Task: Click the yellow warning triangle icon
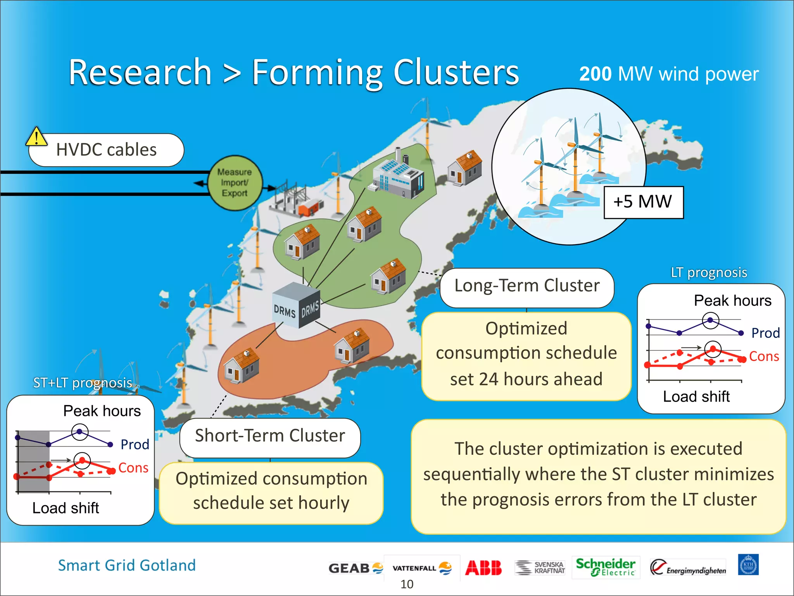coord(36,137)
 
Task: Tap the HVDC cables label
coord(106,150)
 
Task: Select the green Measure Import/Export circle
coord(235,183)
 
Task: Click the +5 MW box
coord(643,202)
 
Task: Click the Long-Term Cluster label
coord(526,286)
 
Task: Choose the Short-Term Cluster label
coord(270,436)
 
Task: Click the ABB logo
coord(483,568)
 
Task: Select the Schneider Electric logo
coord(605,567)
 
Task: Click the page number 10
coord(407,584)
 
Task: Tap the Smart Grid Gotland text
coord(127,565)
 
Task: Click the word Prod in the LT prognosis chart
coord(765,333)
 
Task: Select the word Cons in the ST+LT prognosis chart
coord(133,468)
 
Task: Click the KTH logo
coord(748,565)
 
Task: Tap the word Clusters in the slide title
coord(456,73)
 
